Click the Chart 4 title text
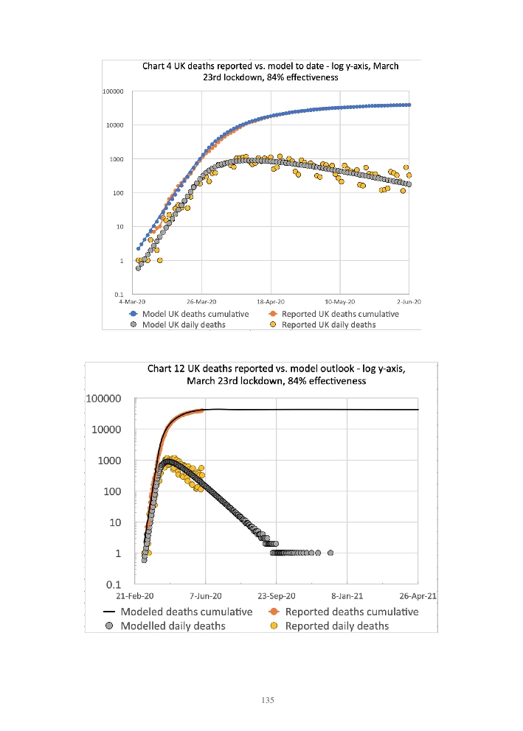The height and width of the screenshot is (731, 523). tap(270, 71)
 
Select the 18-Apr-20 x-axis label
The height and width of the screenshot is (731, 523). tap(271, 301)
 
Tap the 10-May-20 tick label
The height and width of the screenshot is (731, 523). tap(339, 301)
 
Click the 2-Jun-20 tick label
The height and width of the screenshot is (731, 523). tap(408, 301)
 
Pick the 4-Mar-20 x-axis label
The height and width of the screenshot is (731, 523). tap(133, 301)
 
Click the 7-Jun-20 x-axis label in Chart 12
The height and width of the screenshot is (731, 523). tap(206, 595)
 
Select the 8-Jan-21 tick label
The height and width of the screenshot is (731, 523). tap(347, 595)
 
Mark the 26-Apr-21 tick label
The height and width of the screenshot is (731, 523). tap(418, 595)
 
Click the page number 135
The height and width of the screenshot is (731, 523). tap(268, 700)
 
